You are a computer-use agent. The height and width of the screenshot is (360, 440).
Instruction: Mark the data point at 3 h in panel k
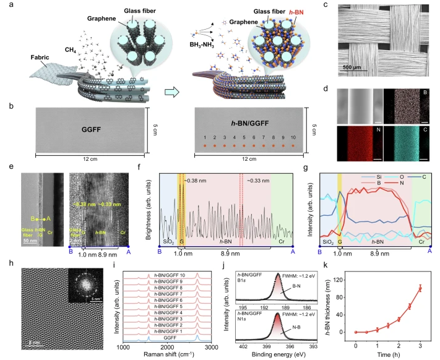pos(421,288)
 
